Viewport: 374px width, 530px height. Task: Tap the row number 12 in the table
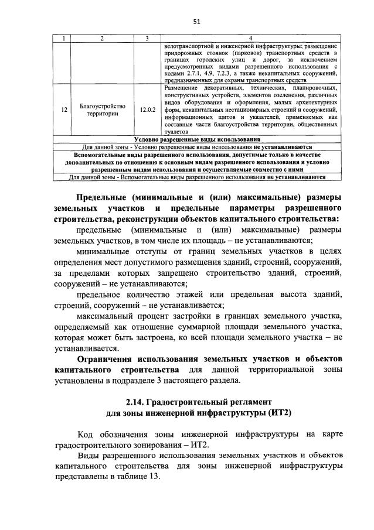(64, 110)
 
